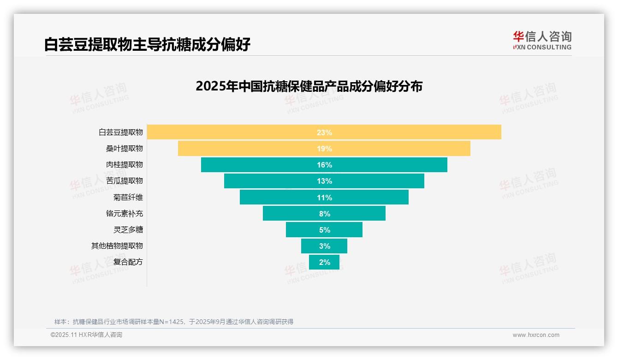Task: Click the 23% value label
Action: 324,132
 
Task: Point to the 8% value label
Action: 324,214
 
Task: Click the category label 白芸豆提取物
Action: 121,132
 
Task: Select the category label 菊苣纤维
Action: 128,197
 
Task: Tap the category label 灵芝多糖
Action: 128,229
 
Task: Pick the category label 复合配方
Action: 128,262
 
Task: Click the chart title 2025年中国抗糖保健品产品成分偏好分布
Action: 309,86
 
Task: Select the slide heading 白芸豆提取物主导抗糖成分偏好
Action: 147,44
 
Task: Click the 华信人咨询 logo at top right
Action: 542,40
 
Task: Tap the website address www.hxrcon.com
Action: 535,335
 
